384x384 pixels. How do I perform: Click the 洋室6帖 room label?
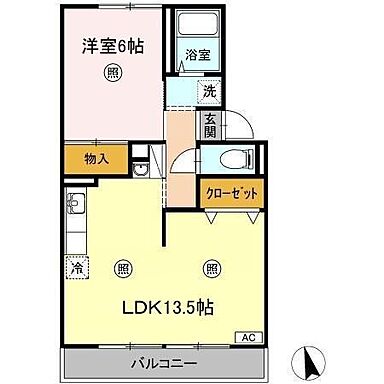click(110, 45)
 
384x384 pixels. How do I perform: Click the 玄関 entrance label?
click(211, 127)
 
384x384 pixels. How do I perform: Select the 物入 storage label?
click(96, 158)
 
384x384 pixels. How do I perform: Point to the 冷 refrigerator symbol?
click(77, 267)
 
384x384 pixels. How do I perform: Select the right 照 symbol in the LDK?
click(212, 267)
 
